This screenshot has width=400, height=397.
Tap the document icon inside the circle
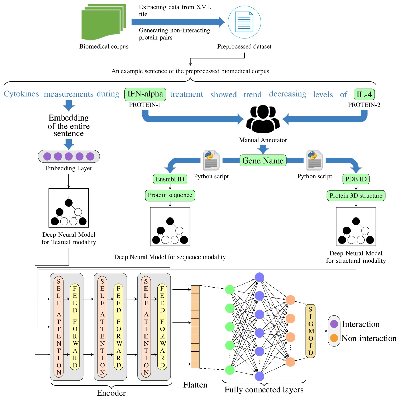(x=244, y=22)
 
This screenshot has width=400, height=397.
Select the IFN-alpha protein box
(x=145, y=94)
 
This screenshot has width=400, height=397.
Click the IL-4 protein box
(x=364, y=94)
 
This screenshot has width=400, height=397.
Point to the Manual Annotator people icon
(x=263, y=119)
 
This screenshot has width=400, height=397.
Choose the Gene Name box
(x=263, y=161)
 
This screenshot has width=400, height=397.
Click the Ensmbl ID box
(x=170, y=179)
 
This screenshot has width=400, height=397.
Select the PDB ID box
(x=356, y=179)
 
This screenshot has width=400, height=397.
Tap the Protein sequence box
(x=170, y=195)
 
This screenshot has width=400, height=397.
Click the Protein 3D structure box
(x=356, y=196)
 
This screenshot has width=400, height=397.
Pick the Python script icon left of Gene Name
(x=211, y=160)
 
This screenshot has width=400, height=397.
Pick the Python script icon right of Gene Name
(x=314, y=160)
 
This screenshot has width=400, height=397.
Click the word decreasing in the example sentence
(x=287, y=94)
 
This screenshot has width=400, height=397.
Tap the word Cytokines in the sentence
(x=21, y=94)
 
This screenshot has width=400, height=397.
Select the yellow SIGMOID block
(x=311, y=331)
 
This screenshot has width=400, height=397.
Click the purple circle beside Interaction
(x=334, y=324)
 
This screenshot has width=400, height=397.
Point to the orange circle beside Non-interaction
(x=334, y=338)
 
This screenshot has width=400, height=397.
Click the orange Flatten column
(x=195, y=327)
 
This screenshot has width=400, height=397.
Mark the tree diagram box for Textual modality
(x=69, y=208)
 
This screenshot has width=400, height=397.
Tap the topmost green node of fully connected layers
(x=230, y=289)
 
